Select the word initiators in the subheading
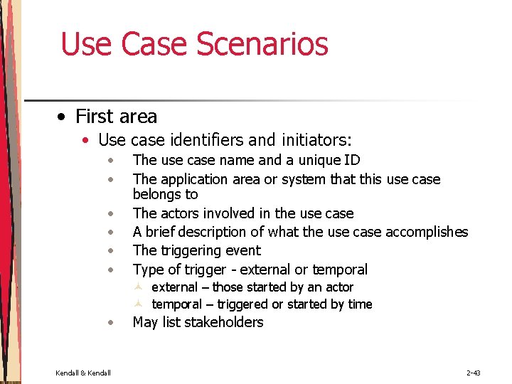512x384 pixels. [x=314, y=140]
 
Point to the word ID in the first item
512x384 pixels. [x=351, y=160]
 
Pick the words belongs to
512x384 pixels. [x=165, y=194]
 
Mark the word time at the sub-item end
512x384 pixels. [x=360, y=304]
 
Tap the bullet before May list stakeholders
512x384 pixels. [x=111, y=323]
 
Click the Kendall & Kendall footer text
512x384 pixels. [x=82, y=373]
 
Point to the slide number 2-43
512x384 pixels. [x=474, y=373]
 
